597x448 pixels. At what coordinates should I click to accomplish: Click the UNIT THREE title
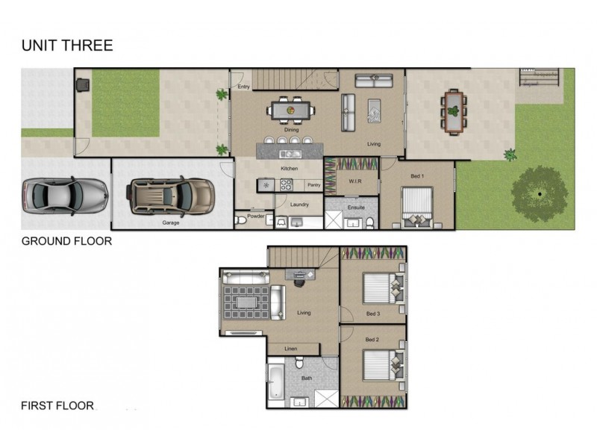(x=67, y=46)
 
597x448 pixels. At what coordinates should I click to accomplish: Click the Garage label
(x=171, y=223)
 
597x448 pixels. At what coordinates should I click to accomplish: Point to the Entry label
(x=243, y=87)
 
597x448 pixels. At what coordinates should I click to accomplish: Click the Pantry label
(x=313, y=184)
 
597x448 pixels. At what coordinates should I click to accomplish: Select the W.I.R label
(x=355, y=181)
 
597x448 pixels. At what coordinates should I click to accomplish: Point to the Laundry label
(x=299, y=203)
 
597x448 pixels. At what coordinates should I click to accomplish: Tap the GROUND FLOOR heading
(x=66, y=241)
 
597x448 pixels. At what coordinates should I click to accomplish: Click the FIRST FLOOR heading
(x=57, y=406)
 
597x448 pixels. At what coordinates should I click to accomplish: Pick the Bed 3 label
(x=372, y=314)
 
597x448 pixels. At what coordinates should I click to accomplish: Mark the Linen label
(x=292, y=349)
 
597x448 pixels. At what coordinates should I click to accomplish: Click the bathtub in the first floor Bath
(x=276, y=381)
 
